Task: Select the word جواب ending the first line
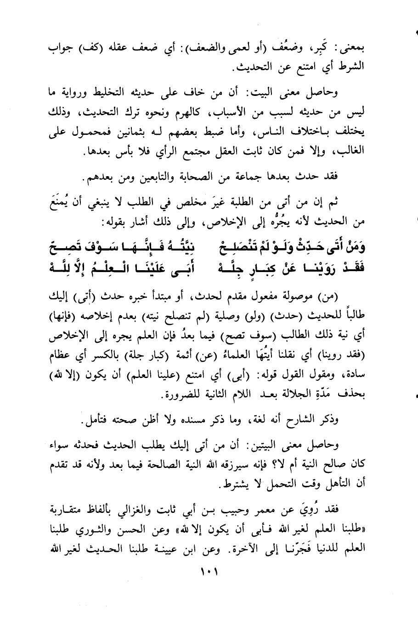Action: click(62, 50)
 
